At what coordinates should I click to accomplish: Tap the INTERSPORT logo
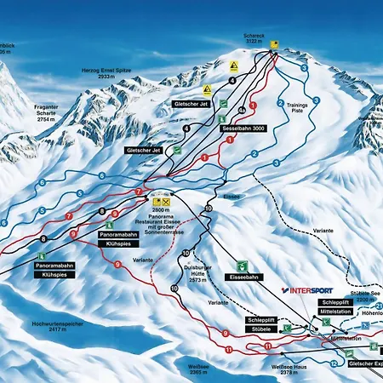pos(310,289)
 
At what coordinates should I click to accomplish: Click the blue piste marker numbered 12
pos(334,363)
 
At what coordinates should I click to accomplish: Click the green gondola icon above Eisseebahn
pos(243,265)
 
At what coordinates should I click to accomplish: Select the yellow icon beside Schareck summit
pos(274,43)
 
